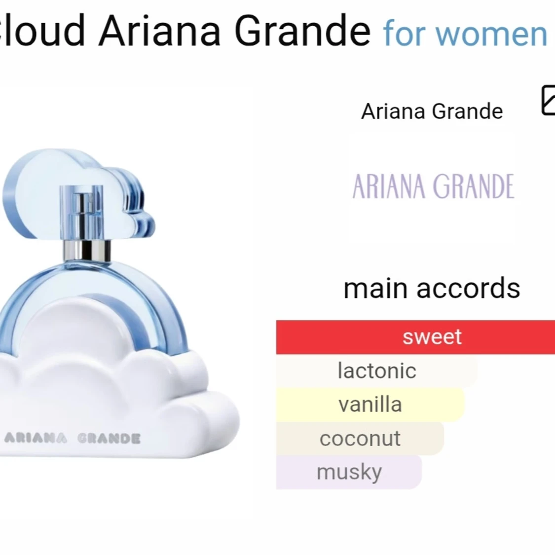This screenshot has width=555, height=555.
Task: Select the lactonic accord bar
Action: tap(376, 371)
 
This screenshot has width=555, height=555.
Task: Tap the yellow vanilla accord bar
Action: tap(370, 405)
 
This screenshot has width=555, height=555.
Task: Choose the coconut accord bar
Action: tap(360, 439)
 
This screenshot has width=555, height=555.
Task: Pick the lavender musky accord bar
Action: tap(349, 472)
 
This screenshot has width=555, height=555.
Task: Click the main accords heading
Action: tap(432, 289)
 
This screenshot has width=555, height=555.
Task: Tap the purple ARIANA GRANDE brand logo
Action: tap(433, 187)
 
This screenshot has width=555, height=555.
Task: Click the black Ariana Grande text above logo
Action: tap(432, 111)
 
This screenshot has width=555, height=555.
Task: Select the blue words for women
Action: tap(465, 34)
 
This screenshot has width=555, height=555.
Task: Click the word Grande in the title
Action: tap(302, 31)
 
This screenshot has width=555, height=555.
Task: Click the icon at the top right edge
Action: tap(548, 101)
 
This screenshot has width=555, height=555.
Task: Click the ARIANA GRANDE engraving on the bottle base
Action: tap(72, 438)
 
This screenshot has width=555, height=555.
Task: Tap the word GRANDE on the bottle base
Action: tap(109, 438)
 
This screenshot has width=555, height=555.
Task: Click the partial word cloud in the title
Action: tap(42, 31)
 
